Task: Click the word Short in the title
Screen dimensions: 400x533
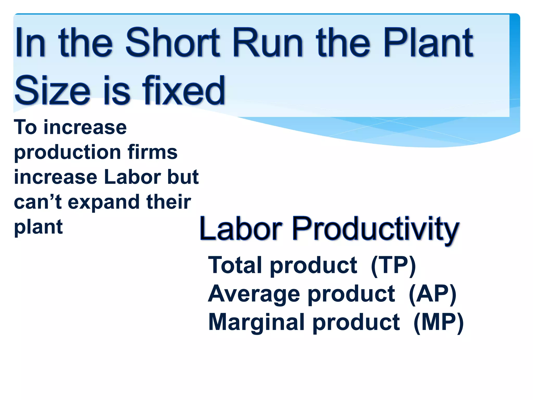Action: (173, 43)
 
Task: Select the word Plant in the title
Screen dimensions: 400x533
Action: (428, 43)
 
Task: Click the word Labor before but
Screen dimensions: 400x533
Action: (133, 177)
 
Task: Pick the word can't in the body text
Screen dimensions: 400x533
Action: (38, 202)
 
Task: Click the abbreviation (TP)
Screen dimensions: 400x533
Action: (393, 266)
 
